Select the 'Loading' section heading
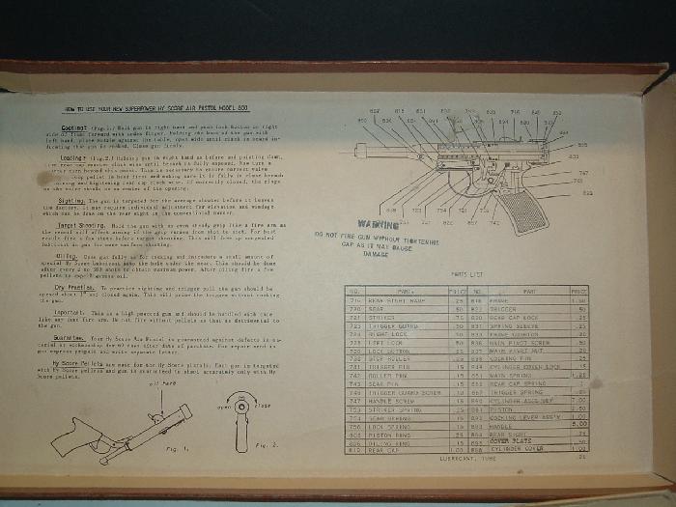[74, 155]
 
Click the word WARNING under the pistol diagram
[377, 224]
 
